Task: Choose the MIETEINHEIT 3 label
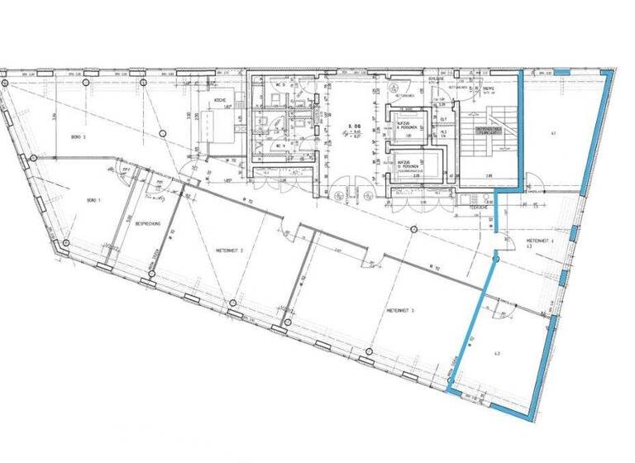[400, 310]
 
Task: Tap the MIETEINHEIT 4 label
[541, 240]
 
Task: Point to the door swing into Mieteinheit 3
[364, 264]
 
